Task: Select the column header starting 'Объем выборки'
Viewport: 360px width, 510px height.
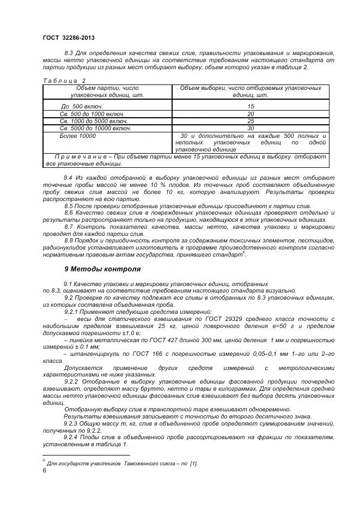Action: pos(250,91)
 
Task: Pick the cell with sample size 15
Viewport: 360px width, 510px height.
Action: pos(251,106)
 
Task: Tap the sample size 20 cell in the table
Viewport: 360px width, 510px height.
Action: pos(251,114)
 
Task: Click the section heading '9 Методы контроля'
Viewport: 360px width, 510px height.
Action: pos(102,269)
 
